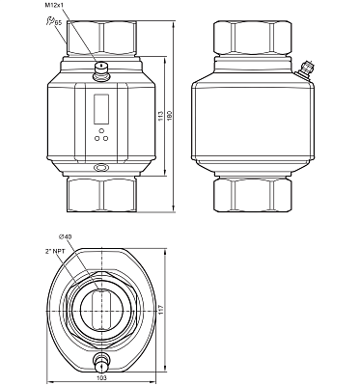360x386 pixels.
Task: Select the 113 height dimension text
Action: tap(161, 116)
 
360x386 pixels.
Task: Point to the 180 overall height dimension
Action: tap(170, 116)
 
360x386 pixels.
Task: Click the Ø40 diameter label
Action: tap(65, 236)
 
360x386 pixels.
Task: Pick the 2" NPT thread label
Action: tap(55, 251)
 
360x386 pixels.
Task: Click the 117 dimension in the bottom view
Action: tap(161, 310)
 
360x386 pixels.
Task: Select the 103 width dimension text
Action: tap(101, 378)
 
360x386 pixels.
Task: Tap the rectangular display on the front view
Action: tap(101, 109)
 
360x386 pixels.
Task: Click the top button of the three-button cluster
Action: tap(101, 131)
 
